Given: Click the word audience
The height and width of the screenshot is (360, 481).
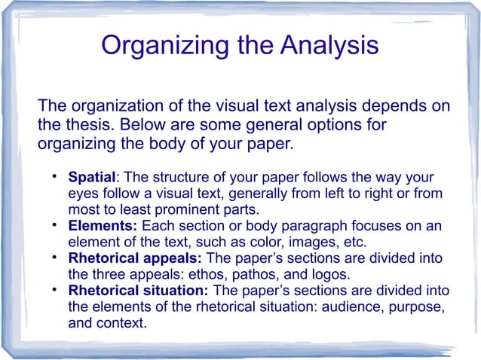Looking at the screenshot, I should [x=358, y=307].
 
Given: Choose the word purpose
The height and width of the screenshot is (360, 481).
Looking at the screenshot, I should [x=416, y=307].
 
